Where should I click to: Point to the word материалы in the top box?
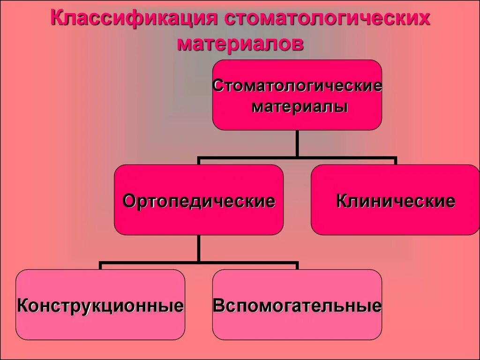[300, 107]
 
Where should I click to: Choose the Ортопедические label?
[199, 201]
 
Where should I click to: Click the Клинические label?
[396, 201]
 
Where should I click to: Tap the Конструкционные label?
[100, 306]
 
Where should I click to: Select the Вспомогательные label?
[297, 306]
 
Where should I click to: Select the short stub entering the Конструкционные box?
[100, 266]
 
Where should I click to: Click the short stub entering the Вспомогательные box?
[297, 266]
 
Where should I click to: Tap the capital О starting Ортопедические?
[129, 201]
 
